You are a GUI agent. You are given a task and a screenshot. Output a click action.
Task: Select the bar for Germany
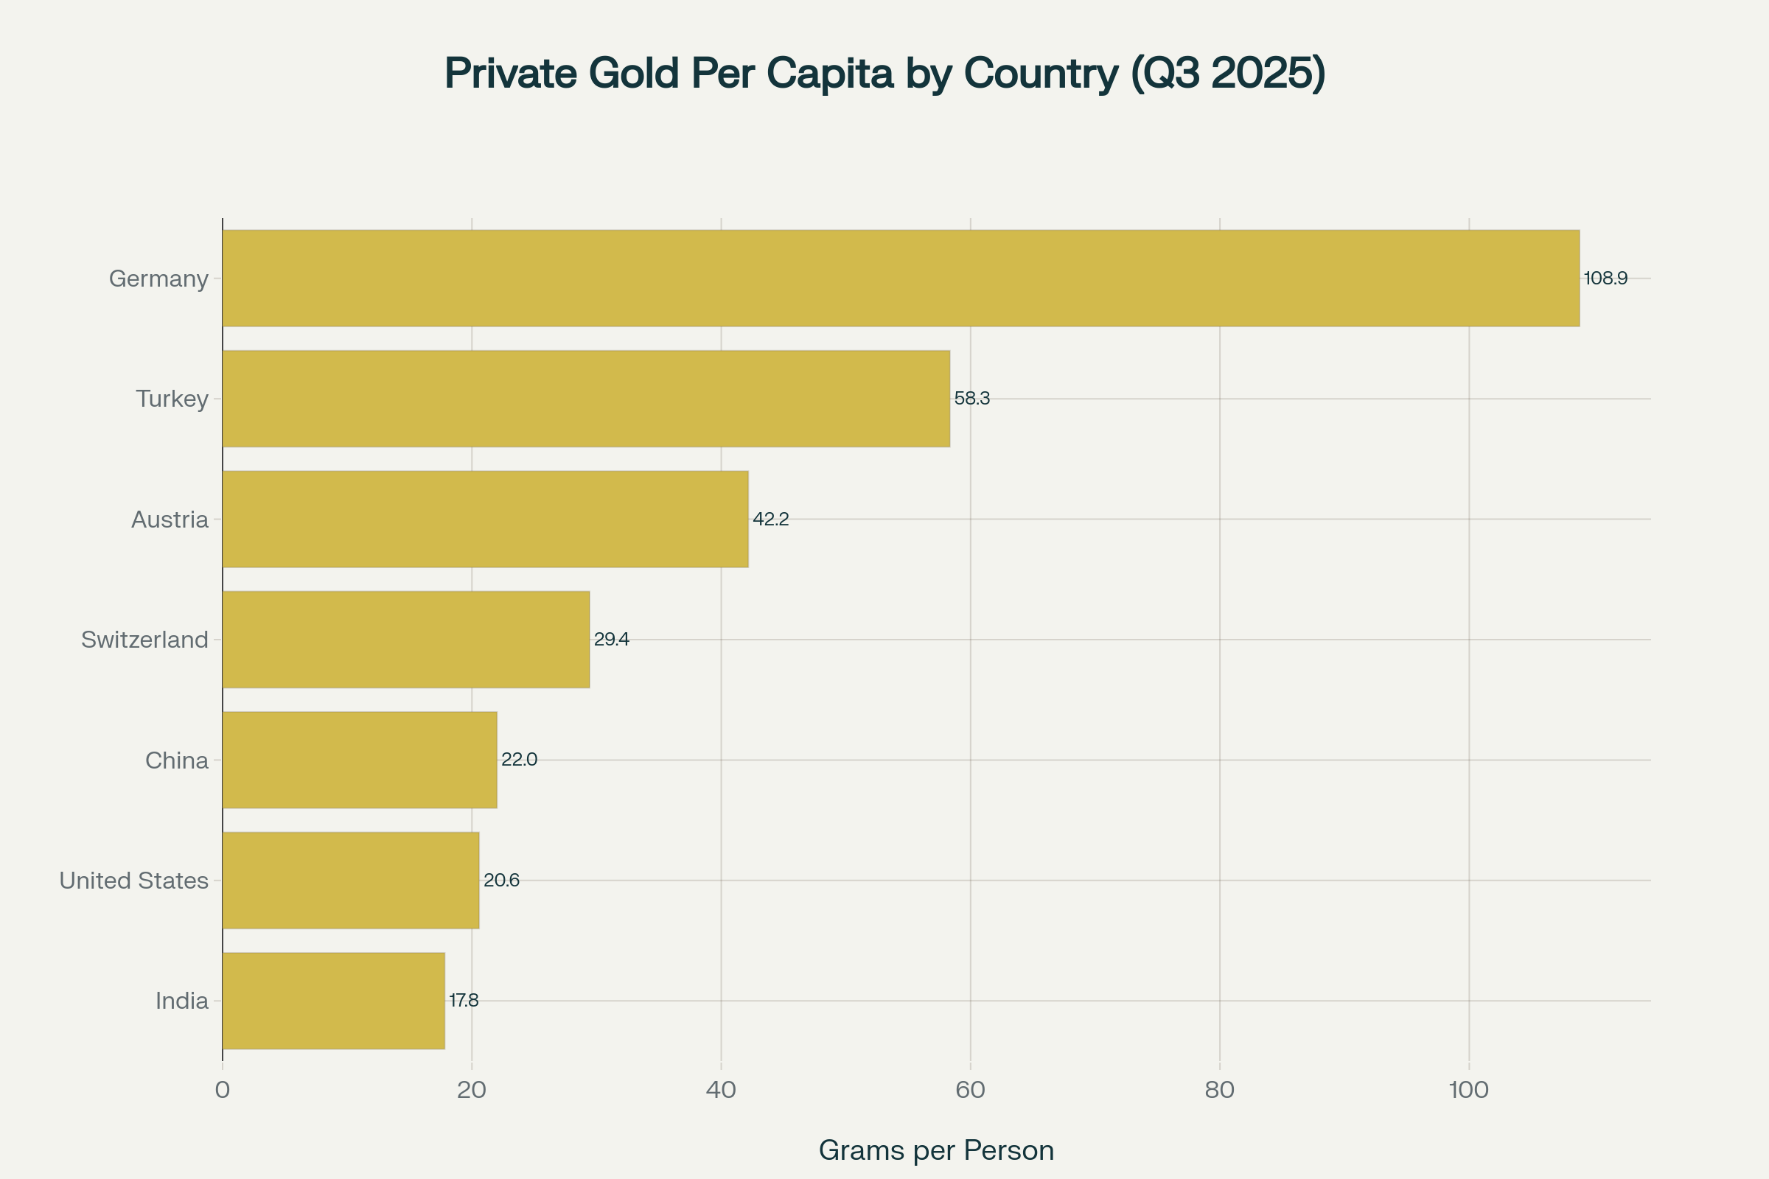click(900, 279)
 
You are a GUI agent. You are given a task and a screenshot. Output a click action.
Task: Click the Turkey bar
click(586, 399)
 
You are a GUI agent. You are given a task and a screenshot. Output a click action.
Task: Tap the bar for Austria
click(485, 519)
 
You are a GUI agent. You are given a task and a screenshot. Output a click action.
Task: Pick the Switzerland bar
click(405, 639)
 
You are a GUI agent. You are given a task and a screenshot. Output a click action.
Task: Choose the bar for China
click(360, 760)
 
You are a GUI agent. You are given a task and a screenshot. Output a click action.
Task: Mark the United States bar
click(351, 881)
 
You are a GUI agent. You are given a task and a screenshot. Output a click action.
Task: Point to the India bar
click(333, 1001)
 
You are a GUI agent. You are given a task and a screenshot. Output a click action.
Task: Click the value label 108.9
click(1605, 279)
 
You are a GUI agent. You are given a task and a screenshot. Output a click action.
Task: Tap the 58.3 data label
click(971, 399)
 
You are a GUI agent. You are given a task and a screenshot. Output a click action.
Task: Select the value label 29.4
click(612, 639)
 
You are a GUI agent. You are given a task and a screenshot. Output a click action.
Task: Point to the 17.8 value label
click(464, 1001)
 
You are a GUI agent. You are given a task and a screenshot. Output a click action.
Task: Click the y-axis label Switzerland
click(144, 640)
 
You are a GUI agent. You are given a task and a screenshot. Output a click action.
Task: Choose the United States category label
click(134, 881)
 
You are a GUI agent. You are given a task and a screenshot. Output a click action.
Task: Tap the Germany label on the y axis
click(158, 279)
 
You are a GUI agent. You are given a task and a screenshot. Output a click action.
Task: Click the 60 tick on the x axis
click(970, 1091)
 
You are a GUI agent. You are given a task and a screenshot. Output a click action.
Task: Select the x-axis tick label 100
click(1468, 1091)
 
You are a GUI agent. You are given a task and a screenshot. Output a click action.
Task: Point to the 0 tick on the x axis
click(223, 1091)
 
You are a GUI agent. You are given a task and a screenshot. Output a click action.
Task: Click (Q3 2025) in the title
click(1227, 74)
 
